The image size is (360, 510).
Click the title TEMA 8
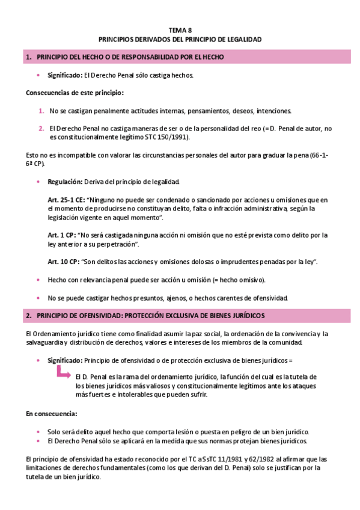coord(180,29)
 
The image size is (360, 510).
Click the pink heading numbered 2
coord(150,316)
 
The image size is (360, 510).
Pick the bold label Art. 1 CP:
coord(63,235)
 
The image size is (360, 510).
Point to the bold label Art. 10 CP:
coord(65,262)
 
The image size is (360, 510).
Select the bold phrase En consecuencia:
coord(51,414)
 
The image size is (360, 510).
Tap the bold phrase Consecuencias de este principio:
coord(75,93)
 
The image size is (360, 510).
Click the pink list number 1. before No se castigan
coord(41,111)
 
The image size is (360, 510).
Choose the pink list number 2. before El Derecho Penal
coord(41,128)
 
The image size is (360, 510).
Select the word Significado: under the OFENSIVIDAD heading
coord(65,360)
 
